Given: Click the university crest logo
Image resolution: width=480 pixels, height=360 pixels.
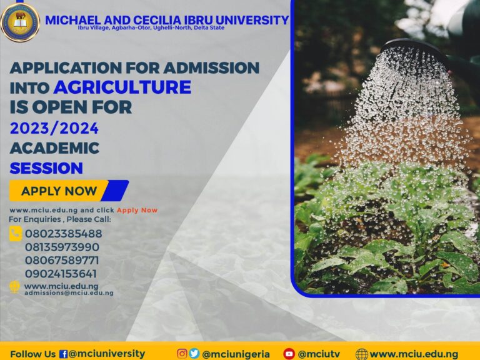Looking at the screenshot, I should point(20,21).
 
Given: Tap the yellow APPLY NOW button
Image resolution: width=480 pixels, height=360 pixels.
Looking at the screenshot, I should point(60,191).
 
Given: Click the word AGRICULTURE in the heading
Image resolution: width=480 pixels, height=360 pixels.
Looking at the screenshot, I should point(122,87).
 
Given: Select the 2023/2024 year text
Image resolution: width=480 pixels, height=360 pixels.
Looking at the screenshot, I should point(54,128).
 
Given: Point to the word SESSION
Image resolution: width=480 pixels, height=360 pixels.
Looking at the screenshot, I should point(46,167).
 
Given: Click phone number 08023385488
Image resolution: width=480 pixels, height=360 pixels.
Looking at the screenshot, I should point(63,234).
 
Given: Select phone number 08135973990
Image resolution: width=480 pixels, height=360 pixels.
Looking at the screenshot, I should point(62,247).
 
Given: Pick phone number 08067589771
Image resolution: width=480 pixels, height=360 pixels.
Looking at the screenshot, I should point(62,260).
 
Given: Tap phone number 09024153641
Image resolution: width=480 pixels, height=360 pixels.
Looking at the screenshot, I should point(61,273).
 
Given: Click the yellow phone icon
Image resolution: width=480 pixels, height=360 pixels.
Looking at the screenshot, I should point(16,234).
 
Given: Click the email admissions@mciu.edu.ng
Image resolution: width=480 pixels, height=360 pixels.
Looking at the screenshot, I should point(69,292).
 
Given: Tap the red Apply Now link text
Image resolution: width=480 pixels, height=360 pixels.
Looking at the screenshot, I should point(137,210).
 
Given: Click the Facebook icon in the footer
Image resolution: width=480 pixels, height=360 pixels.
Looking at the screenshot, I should point(63,354).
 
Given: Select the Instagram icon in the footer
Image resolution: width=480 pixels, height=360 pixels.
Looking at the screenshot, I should point(182,354).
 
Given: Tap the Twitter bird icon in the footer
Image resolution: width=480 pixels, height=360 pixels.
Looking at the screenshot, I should point(194,354).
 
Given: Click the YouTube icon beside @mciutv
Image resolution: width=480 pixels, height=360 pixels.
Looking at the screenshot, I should point(289,354).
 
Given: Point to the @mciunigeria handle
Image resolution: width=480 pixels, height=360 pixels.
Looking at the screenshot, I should point(236,354).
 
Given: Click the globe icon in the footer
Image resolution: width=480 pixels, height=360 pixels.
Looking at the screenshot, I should point(361,354).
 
